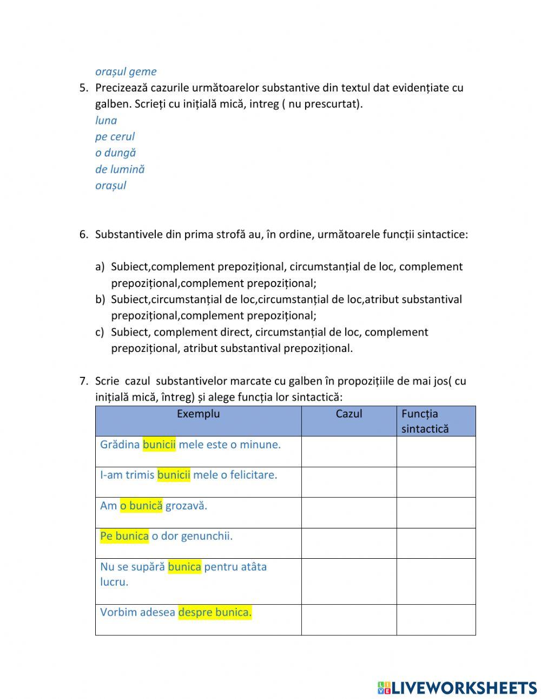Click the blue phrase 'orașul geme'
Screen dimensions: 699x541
coord(126,71)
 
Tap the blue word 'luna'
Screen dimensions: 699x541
coord(106,120)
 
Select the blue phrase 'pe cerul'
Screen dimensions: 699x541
coord(115,136)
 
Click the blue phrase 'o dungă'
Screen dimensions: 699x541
coord(115,153)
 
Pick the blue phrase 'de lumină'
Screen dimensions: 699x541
coord(120,169)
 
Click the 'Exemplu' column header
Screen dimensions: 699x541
coord(198,414)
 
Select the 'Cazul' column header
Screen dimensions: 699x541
coord(349,414)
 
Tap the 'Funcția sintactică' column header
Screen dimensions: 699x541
coord(425,421)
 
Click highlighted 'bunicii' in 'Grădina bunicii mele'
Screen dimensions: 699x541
coord(159,445)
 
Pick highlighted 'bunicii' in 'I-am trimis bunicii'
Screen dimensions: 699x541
coord(174,475)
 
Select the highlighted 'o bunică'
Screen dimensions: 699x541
coord(141,506)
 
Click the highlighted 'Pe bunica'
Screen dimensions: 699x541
coord(124,536)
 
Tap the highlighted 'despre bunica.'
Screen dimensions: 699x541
coord(215,612)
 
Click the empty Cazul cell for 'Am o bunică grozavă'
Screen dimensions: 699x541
coord(349,513)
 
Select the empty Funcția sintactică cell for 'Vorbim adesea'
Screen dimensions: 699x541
coord(436,619)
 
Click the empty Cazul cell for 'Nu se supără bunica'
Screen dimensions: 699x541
coord(349,581)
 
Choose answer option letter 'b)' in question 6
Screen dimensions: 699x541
coord(100,299)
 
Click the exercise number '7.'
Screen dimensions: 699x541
coord(84,381)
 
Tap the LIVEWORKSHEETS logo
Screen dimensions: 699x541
coord(457,688)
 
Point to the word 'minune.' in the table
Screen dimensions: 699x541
coord(261,445)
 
